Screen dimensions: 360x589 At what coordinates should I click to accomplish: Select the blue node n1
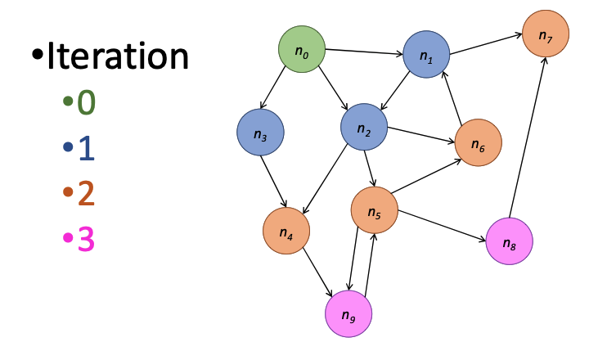pos(426,55)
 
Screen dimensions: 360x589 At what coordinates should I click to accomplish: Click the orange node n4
pos(286,232)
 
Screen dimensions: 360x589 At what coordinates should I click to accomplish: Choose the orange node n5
pos(374,210)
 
